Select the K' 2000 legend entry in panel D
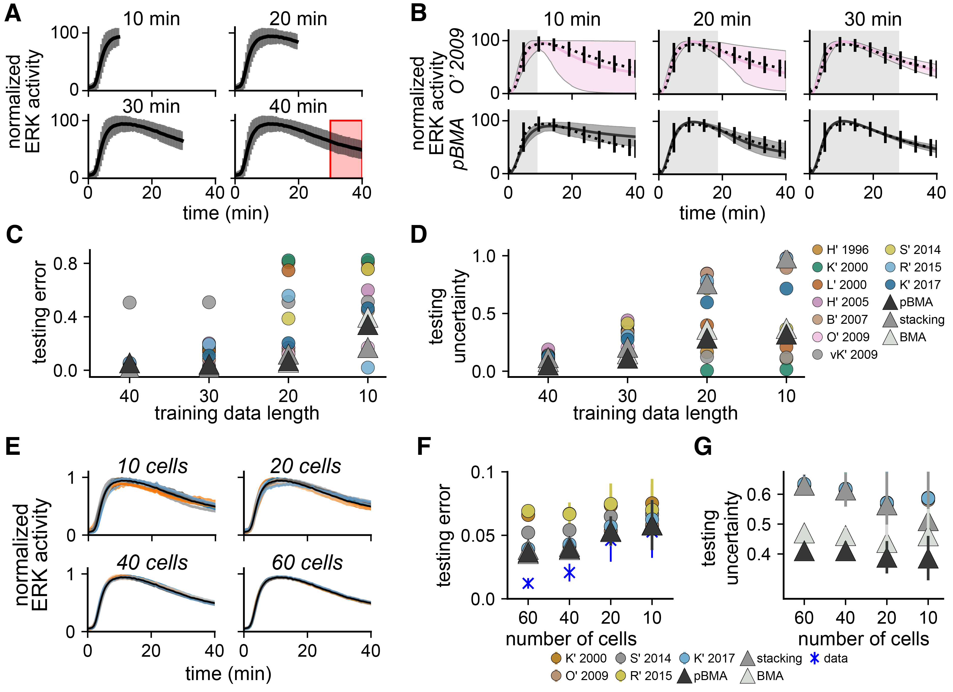(x=840, y=267)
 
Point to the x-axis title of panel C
(x=237, y=413)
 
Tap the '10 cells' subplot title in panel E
(x=152, y=466)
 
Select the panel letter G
(x=703, y=447)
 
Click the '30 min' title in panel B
(x=873, y=19)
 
